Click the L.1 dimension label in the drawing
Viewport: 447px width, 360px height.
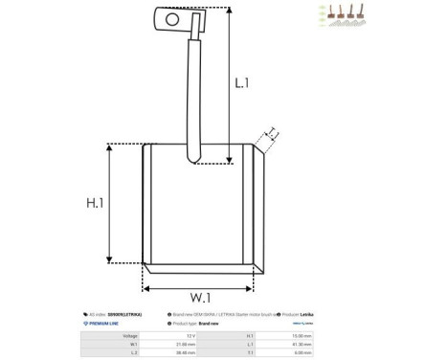(242, 83)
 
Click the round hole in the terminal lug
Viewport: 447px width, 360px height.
(171, 17)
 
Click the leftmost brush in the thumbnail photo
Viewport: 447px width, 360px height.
(328, 13)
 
